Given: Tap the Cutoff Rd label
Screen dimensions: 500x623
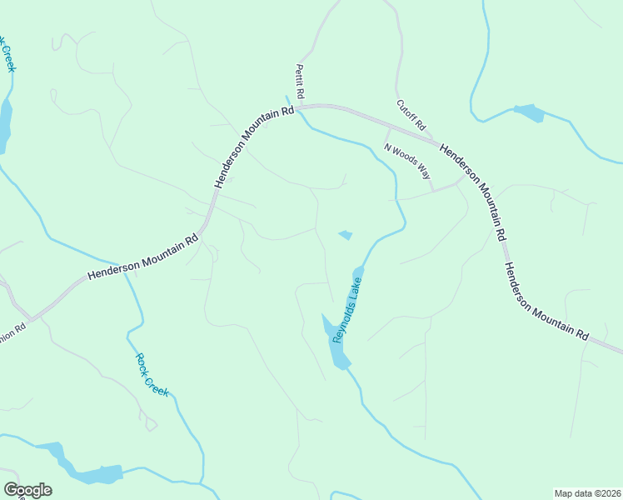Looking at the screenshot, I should (x=411, y=116).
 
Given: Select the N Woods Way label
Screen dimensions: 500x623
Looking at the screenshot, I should (x=407, y=162).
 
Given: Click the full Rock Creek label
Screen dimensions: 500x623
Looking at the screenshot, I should (x=152, y=375).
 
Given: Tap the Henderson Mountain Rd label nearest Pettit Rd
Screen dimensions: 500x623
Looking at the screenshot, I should (x=252, y=147).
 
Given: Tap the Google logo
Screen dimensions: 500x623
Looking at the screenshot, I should (x=27, y=490).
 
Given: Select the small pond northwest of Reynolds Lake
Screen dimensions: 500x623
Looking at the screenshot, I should (x=346, y=235).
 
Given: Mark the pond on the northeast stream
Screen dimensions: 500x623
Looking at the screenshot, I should (x=529, y=112).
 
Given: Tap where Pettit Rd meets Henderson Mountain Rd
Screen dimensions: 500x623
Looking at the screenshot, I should (x=298, y=107).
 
